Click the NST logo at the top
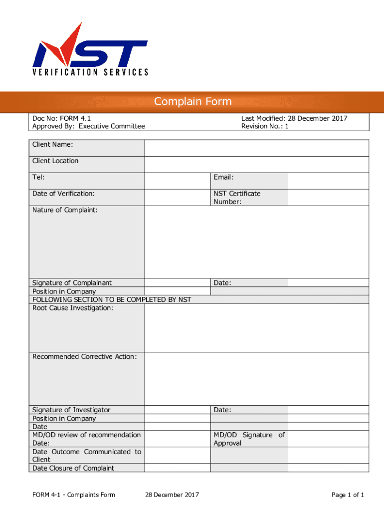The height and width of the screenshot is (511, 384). pyautogui.click(x=90, y=49)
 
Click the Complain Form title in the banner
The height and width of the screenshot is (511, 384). pyautogui.click(x=192, y=102)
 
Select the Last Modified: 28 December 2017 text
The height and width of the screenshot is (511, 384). pyautogui.click(x=294, y=118)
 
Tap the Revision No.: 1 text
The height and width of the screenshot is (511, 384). pyautogui.click(x=265, y=126)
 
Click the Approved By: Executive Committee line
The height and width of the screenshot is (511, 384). pyautogui.click(x=88, y=126)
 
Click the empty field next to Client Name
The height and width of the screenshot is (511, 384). pyautogui.click(x=256, y=148)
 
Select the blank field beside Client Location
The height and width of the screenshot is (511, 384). pyautogui.click(x=256, y=164)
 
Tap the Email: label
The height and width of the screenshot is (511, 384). pyautogui.click(x=224, y=177)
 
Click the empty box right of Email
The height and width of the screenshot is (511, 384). pyautogui.click(x=328, y=181)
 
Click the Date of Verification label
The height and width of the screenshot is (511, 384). pyautogui.click(x=63, y=194)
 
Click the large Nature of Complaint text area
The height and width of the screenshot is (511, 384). pyautogui.click(x=256, y=242)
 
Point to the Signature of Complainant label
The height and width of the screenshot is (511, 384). pyautogui.click(x=72, y=283)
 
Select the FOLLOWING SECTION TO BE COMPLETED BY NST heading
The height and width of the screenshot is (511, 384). pyautogui.click(x=112, y=299)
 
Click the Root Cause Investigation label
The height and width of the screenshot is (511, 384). pyautogui.click(x=72, y=308)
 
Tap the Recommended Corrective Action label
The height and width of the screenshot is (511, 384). pyautogui.click(x=84, y=357)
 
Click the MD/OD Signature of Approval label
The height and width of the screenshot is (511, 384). pyautogui.click(x=249, y=439)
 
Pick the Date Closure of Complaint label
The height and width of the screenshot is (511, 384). pyautogui.click(x=73, y=468)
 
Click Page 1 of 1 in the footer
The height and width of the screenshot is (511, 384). pyautogui.click(x=348, y=495)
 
